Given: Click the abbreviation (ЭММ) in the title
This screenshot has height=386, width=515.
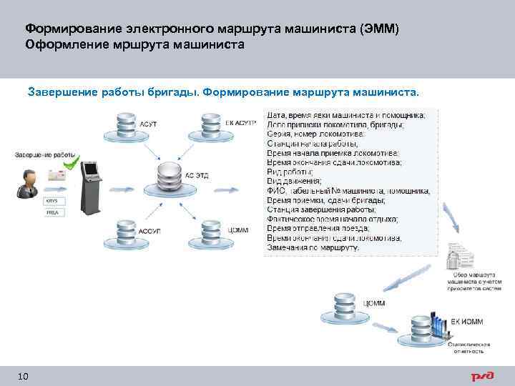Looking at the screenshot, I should [381, 29].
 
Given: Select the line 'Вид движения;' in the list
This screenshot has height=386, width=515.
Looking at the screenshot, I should [294, 182].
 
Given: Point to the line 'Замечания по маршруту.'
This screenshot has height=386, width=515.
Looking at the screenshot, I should [313, 247].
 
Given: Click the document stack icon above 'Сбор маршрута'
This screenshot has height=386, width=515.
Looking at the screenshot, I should [458, 257].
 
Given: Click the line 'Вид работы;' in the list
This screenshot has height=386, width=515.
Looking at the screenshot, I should [290, 172].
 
